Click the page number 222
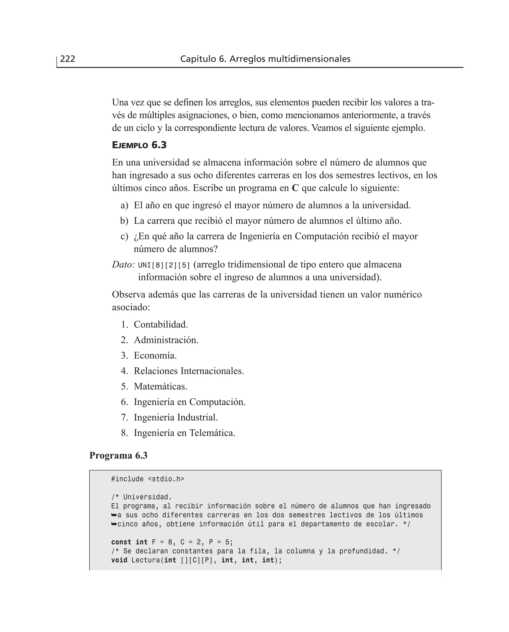(x=67, y=59)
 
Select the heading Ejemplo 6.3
(x=139, y=145)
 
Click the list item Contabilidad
(x=160, y=324)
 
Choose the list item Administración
(x=166, y=340)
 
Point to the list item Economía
(x=155, y=355)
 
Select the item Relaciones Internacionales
(x=189, y=371)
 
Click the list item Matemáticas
(x=160, y=386)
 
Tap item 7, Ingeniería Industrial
(x=176, y=417)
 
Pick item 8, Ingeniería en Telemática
(x=184, y=433)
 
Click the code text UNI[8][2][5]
(x=164, y=265)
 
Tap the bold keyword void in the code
(x=119, y=560)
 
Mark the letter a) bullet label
(x=124, y=205)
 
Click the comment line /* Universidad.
(x=141, y=497)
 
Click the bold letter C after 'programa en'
(x=295, y=188)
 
